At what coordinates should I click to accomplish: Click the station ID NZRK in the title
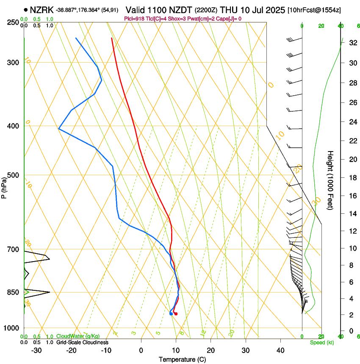click(x=42, y=9)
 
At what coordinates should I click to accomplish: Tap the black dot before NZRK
click(x=26, y=9)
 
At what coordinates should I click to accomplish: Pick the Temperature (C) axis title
click(x=182, y=359)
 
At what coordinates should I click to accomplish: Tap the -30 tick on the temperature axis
click(x=36, y=350)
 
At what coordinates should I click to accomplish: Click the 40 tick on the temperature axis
click(x=280, y=350)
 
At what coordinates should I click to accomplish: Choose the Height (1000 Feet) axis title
click(x=330, y=180)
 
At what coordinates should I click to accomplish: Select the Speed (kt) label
click(x=321, y=342)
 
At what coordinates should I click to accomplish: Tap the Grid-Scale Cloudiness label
click(x=82, y=342)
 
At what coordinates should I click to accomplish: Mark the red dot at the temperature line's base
click(x=176, y=314)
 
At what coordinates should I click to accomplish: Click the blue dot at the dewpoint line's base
click(x=171, y=314)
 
